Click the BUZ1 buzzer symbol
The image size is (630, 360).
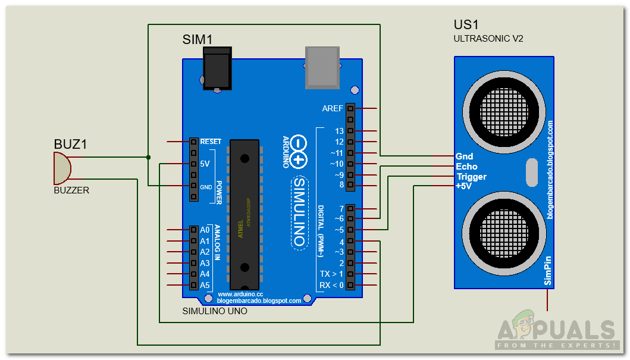tap(62, 168)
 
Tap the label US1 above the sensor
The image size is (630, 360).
tap(467, 26)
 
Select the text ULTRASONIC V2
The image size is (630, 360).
tap(488, 39)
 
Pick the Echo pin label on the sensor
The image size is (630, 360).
tap(466, 167)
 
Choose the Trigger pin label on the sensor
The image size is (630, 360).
tap(471, 177)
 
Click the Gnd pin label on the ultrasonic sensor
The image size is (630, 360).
tap(464, 156)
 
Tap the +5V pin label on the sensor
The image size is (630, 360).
tap(465, 186)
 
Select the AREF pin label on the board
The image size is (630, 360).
tap(332, 109)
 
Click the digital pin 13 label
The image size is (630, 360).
tap(339, 131)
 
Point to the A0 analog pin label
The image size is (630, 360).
tap(205, 230)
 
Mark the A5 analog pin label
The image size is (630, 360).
tap(205, 285)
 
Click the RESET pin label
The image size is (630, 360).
tap(211, 142)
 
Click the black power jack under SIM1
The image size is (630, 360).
tap(217, 69)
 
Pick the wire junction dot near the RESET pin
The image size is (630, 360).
tap(148, 157)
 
